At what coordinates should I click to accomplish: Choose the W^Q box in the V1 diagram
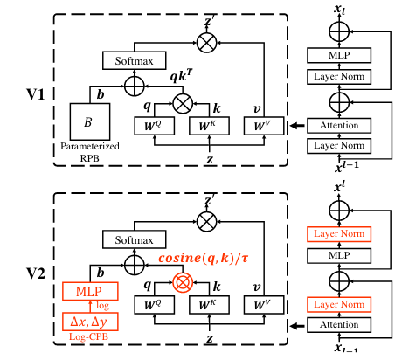click(155, 126)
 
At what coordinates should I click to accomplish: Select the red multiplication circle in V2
click(183, 281)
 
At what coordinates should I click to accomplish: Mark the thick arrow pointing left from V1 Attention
click(296, 126)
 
